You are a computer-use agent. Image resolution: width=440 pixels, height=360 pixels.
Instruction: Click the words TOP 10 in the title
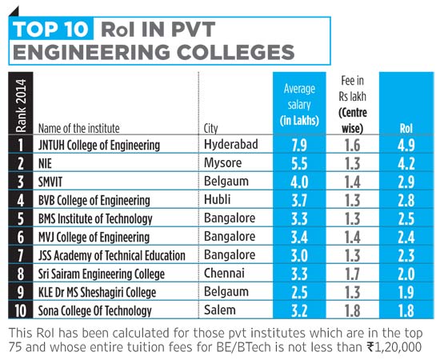point(50,29)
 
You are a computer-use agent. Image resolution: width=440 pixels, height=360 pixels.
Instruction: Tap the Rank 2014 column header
point(21,106)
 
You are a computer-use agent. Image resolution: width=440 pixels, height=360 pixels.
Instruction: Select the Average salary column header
point(299,105)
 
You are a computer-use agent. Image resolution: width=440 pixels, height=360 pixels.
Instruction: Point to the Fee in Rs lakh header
point(353,105)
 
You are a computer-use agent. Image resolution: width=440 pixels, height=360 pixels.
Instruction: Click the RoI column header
point(406,129)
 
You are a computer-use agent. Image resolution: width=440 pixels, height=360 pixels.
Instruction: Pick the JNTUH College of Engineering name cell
point(99,146)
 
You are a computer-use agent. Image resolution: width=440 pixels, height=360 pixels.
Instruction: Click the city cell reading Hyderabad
point(231,144)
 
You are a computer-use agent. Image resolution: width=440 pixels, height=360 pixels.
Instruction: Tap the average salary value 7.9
point(299,146)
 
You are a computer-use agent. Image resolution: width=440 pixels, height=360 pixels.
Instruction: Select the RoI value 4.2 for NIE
point(406,163)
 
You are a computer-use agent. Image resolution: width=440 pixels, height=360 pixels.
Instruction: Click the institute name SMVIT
point(50,182)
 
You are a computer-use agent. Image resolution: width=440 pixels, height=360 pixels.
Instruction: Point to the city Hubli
point(217,199)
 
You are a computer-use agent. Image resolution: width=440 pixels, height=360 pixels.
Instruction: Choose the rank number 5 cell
point(21,218)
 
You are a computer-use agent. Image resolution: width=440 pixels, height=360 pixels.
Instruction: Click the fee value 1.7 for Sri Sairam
point(353,274)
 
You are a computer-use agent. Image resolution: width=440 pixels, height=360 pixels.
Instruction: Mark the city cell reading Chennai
point(224,273)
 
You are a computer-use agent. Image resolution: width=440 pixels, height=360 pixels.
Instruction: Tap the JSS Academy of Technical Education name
point(112,256)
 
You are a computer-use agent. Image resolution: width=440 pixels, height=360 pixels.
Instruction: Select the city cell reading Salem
point(220,310)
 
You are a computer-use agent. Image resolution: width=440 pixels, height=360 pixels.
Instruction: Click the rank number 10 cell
point(21,310)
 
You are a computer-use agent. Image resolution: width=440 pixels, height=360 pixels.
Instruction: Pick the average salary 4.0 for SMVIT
point(299,182)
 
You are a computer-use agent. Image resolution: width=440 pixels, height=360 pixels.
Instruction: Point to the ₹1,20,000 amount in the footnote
point(394,347)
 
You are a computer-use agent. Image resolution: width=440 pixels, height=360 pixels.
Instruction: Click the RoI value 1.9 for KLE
point(406,292)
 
